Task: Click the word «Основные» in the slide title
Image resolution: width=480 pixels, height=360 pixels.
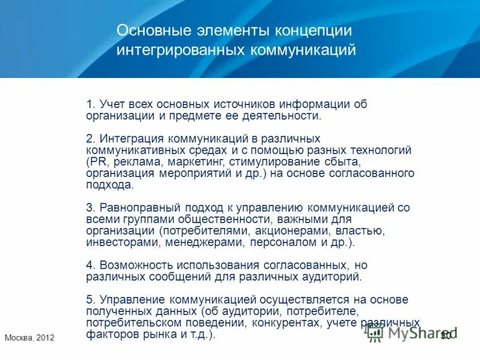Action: point(151,30)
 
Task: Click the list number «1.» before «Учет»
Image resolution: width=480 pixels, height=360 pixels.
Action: point(91,104)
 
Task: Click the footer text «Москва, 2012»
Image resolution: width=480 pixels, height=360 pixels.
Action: point(29,338)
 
